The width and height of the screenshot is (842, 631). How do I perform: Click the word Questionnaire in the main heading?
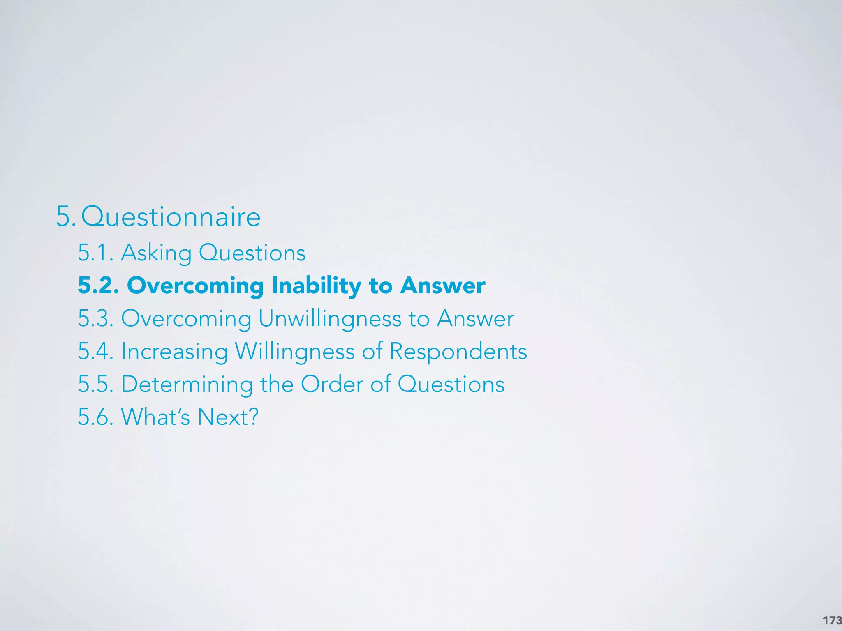tap(171, 217)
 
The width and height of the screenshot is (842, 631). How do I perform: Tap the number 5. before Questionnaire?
tap(65, 217)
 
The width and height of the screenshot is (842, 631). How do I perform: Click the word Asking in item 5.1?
tap(156, 253)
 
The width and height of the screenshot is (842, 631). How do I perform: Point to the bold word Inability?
tap(316, 286)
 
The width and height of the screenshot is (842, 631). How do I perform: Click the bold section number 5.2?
tap(98, 286)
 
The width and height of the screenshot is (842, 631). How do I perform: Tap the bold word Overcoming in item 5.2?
tap(195, 286)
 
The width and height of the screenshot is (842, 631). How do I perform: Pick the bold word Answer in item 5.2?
tap(443, 286)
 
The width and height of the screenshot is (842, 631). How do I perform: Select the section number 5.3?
tap(96, 318)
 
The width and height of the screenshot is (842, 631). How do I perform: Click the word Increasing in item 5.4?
tap(174, 352)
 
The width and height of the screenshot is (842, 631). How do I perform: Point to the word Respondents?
tap(458, 352)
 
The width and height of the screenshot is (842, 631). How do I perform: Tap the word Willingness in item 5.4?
tap(294, 352)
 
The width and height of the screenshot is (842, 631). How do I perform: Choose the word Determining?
tap(187, 385)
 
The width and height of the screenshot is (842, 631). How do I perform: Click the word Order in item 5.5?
tap(332, 384)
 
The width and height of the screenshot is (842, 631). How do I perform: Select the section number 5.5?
tap(96, 384)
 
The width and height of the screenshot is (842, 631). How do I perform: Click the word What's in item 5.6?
tap(155, 417)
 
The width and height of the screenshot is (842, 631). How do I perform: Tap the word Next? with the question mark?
tap(228, 417)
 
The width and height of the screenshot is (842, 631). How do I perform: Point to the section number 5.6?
tap(96, 417)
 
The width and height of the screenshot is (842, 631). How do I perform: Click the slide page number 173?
tap(832, 620)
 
